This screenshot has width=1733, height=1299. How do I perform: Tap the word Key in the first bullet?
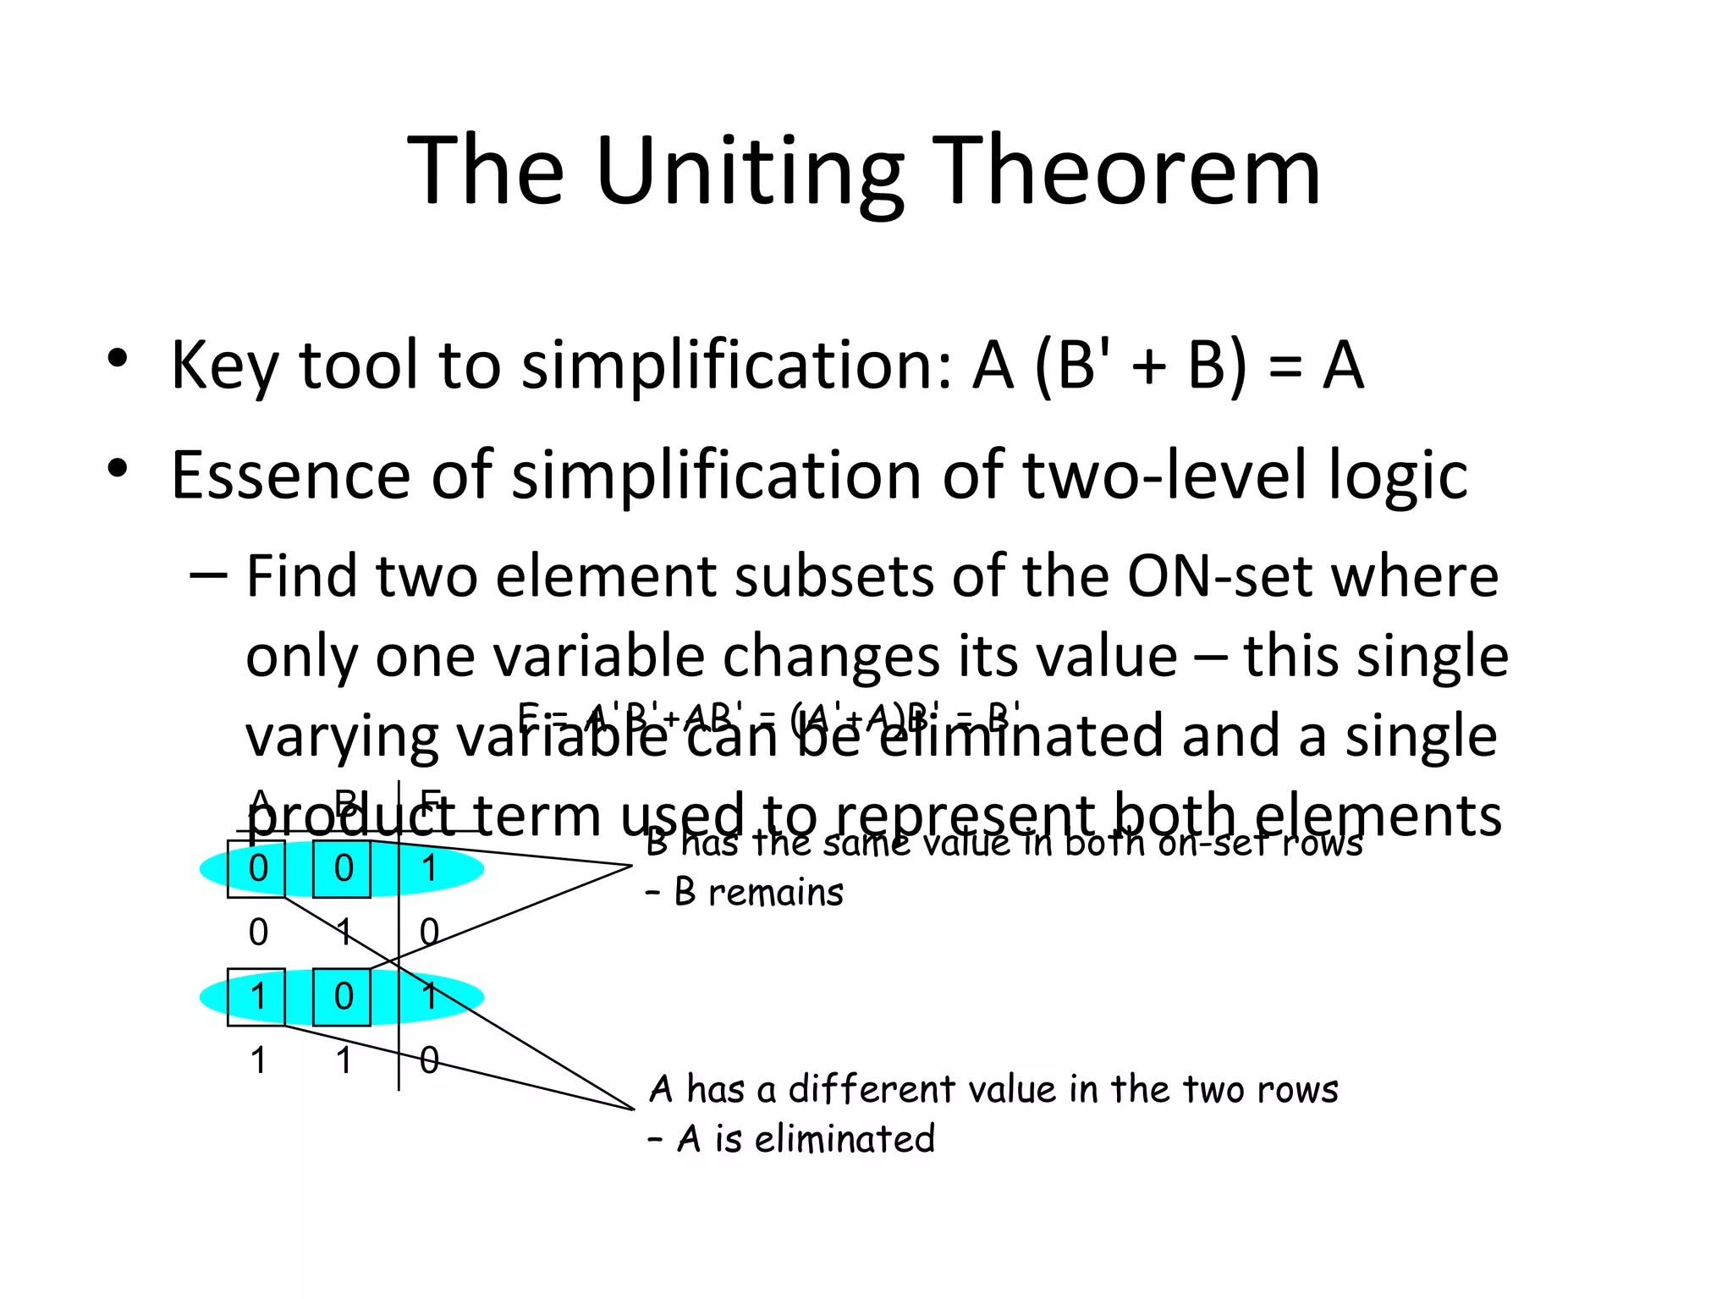click(223, 366)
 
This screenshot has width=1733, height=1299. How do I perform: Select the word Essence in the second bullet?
click(288, 476)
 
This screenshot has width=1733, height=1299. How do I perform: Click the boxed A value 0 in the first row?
click(257, 868)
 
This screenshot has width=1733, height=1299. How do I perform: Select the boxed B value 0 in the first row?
click(343, 868)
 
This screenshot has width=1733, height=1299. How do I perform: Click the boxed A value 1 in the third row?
click(257, 997)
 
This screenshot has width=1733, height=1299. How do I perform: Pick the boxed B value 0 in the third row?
click(343, 997)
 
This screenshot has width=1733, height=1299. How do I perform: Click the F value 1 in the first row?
click(430, 868)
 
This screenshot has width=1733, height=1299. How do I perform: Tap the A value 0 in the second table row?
click(258, 933)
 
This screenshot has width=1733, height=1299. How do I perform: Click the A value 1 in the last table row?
click(258, 1060)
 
